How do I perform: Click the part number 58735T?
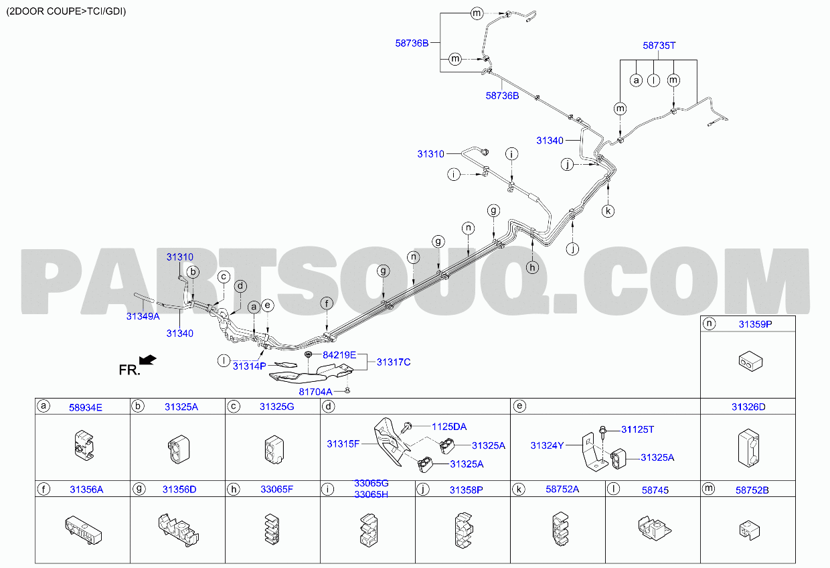(x=659, y=46)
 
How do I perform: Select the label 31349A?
(x=143, y=316)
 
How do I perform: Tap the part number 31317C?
(x=394, y=362)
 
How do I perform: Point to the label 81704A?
(x=315, y=392)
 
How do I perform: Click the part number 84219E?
(x=339, y=355)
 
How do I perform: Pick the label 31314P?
(x=250, y=366)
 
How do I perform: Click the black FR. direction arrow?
(x=148, y=360)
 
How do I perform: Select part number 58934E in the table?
(x=86, y=408)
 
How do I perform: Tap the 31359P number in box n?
(x=756, y=324)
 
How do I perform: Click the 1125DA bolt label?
(x=449, y=427)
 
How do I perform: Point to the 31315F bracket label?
(x=343, y=444)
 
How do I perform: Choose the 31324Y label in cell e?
(x=547, y=445)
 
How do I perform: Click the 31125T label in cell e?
(x=638, y=430)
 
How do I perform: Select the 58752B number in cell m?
(x=752, y=490)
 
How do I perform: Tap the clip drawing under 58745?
(x=655, y=528)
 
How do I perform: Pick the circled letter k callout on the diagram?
(x=608, y=212)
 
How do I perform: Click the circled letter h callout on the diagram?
(x=532, y=268)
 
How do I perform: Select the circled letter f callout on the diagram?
(x=327, y=303)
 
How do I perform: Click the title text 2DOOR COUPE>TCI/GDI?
(x=66, y=11)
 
